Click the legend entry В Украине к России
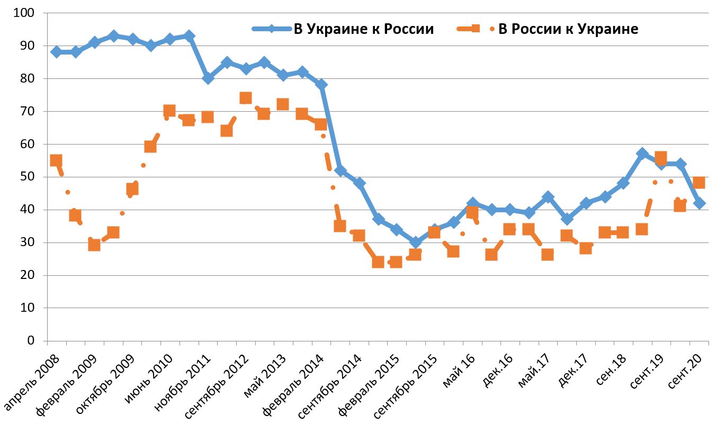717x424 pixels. click(x=364, y=29)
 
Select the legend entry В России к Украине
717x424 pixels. click(x=568, y=29)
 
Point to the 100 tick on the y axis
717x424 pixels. click(x=25, y=13)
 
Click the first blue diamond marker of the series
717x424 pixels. click(x=56, y=52)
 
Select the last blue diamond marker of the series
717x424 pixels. click(x=699, y=203)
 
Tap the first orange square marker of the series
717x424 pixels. click(x=56, y=160)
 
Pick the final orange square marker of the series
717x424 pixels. click(x=699, y=183)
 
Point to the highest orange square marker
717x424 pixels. click(x=245, y=98)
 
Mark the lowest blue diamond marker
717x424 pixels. click(x=415, y=242)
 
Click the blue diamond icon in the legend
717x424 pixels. click(x=272, y=29)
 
